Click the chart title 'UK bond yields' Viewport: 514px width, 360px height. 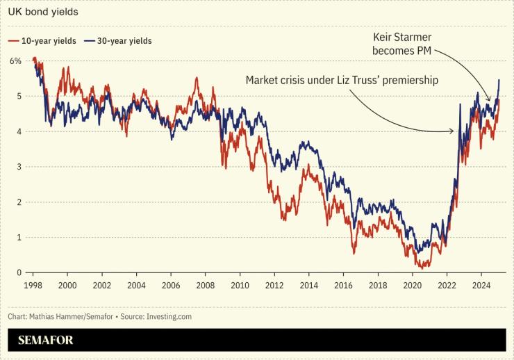click(x=43, y=13)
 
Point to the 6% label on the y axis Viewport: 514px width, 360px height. click(x=15, y=60)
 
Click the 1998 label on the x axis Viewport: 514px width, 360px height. click(x=32, y=286)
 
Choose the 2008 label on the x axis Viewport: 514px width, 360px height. click(x=204, y=286)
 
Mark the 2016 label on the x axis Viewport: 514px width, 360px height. click(x=342, y=286)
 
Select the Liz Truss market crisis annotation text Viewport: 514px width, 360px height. click(x=342, y=80)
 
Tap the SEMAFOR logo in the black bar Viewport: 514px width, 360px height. click(x=46, y=340)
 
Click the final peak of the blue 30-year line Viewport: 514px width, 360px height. click(x=499, y=80)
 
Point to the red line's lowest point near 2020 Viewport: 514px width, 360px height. click(x=420, y=267)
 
